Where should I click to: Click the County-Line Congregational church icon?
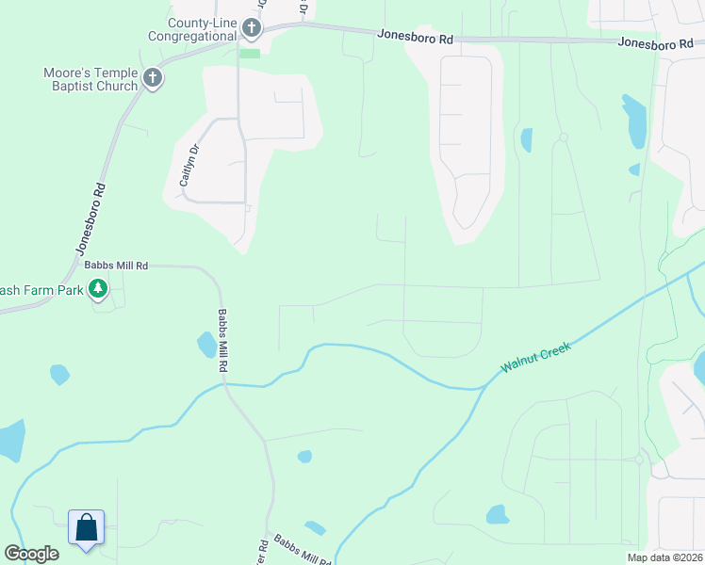point(251,28)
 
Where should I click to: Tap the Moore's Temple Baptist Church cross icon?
point(153,78)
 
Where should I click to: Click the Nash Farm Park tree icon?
point(98,290)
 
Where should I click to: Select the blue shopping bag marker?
point(86,527)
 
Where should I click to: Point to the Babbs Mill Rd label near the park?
point(117,266)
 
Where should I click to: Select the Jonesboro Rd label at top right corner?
point(655,42)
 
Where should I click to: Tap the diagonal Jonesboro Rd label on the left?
point(90,218)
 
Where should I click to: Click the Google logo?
point(31,554)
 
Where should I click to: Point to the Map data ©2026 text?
point(664,557)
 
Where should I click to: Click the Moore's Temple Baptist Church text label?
point(90,79)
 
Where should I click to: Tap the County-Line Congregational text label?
point(191,29)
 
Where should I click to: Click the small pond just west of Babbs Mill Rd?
point(206,346)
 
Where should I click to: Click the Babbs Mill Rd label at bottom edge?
point(302,551)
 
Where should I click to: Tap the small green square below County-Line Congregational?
point(250,53)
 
